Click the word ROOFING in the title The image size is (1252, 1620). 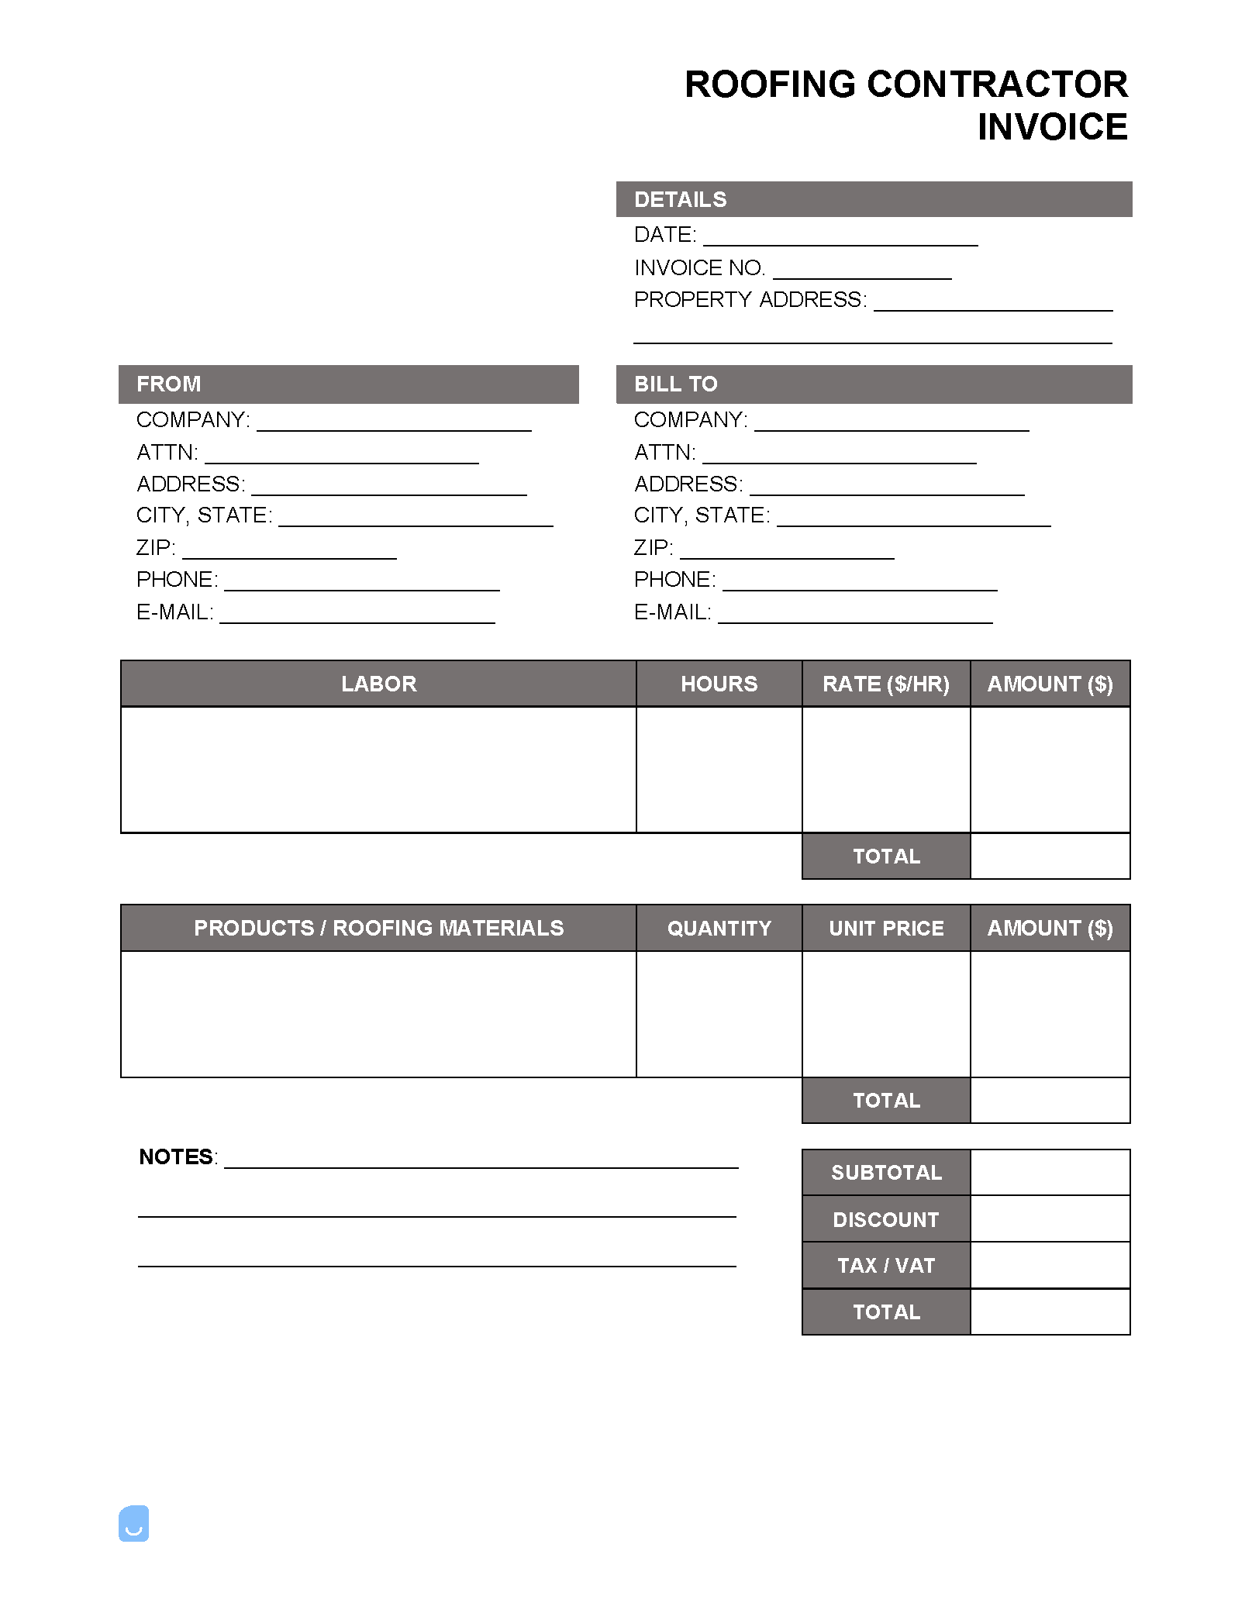(x=770, y=84)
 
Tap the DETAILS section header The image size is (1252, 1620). (x=680, y=200)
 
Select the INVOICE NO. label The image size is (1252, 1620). (x=699, y=268)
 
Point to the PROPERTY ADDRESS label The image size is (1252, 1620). (x=750, y=300)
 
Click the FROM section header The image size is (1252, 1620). (x=169, y=384)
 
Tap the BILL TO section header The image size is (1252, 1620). (x=675, y=384)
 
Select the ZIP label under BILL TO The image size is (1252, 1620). (x=653, y=548)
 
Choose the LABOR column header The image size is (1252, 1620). (x=378, y=684)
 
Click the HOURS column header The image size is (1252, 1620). (x=719, y=684)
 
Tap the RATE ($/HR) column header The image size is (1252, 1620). (x=885, y=684)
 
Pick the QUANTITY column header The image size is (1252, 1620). (x=719, y=928)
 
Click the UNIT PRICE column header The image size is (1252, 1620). (x=885, y=928)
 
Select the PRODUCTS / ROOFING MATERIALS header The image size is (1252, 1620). (x=378, y=928)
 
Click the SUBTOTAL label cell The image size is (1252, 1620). (x=885, y=1172)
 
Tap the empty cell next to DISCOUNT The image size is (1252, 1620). (x=1050, y=1218)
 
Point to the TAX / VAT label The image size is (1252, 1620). (x=885, y=1265)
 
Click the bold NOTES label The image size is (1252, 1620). (x=176, y=1157)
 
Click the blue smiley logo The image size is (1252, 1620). (x=133, y=1523)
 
